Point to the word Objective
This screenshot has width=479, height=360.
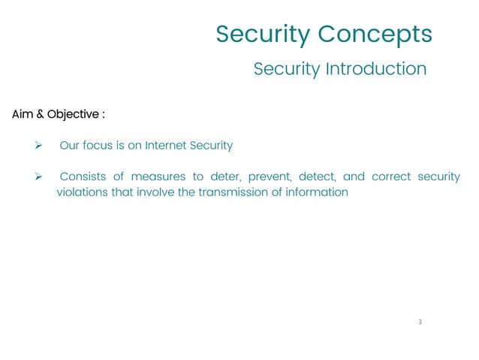tap(73, 115)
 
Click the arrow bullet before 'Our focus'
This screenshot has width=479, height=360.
tap(31, 146)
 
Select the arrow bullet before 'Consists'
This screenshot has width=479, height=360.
tap(31, 177)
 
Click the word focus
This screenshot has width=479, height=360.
tap(98, 146)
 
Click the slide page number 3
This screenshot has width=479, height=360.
tap(420, 322)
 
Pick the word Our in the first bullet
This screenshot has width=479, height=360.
tap(69, 146)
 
